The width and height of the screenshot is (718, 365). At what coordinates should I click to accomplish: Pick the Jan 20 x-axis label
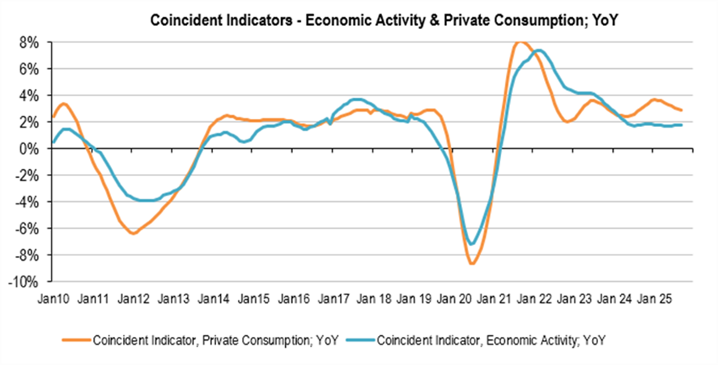[x=453, y=298]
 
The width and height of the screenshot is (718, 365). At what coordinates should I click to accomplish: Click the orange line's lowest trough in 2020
[x=472, y=263]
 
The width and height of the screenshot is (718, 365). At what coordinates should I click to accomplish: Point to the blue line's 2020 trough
[x=471, y=244]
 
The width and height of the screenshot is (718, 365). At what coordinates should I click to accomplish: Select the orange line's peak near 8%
[x=521, y=42]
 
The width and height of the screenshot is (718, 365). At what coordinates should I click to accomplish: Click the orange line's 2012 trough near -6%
[x=134, y=233]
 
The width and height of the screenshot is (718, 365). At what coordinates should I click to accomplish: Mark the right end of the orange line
[x=681, y=110]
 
